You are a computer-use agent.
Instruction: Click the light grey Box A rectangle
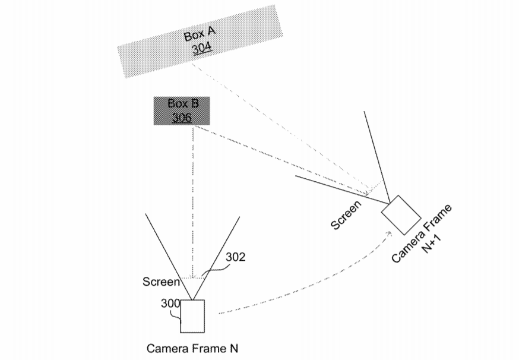pyautogui.click(x=148, y=56)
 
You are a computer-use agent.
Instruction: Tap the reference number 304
pyautogui.click(x=202, y=48)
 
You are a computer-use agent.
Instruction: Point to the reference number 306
pyautogui.click(x=182, y=118)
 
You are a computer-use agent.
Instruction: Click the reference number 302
pyautogui.click(x=235, y=257)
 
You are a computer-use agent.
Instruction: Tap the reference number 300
pyautogui.click(x=170, y=304)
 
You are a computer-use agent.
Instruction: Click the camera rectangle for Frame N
pyautogui.click(x=192, y=317)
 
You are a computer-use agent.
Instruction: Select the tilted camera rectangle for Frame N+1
pyautogui.click(x=401, y=214)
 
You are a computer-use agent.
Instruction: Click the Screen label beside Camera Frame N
pyautogui.click(x=160, y=282)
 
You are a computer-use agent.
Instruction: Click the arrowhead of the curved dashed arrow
pyautogui.click(x=390, y=232)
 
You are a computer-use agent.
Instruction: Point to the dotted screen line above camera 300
pyautogui.click(x=192, y=277)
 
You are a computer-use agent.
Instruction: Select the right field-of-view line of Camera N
pyautogui.click(x=216, y=256)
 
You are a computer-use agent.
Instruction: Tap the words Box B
pyautogui.click(x=183, y=104)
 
